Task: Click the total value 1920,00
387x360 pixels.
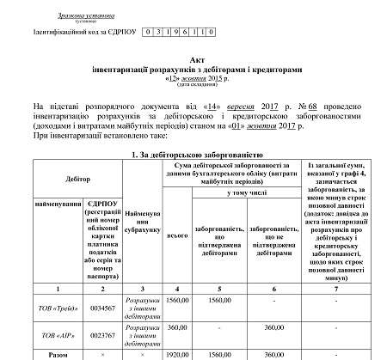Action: pos(179,353)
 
